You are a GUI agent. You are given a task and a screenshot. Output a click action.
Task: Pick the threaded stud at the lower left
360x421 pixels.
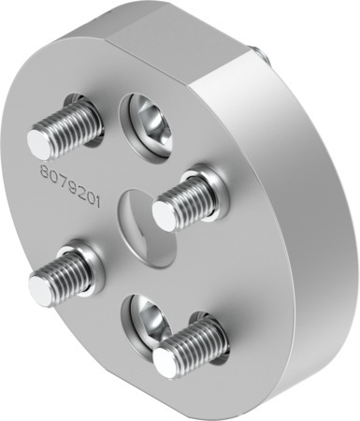coord(61,270)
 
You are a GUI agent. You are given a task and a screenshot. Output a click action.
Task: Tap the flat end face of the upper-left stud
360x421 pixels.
coord(38,142)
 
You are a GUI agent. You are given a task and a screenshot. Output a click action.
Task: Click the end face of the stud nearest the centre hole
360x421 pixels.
coord(165,215)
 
